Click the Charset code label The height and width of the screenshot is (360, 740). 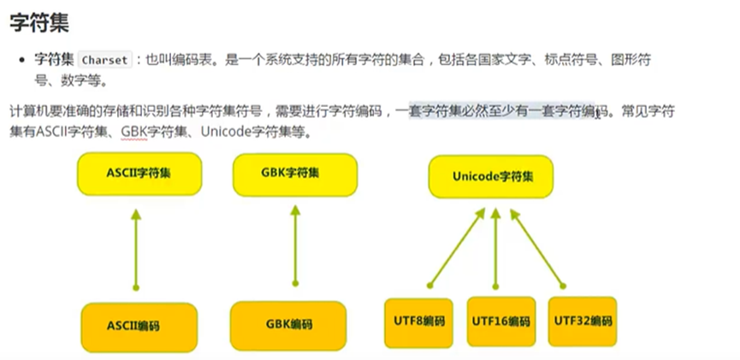click(104, 61)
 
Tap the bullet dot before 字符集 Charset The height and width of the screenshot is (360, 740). click(21, 61)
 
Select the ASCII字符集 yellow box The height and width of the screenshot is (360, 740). click(139, 173)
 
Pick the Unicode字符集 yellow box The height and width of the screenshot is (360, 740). click(491, 177)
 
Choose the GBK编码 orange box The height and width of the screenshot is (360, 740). click(288, 325)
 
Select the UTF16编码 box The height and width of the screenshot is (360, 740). click(501, 322)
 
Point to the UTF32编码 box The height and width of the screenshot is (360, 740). click(582, 322)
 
